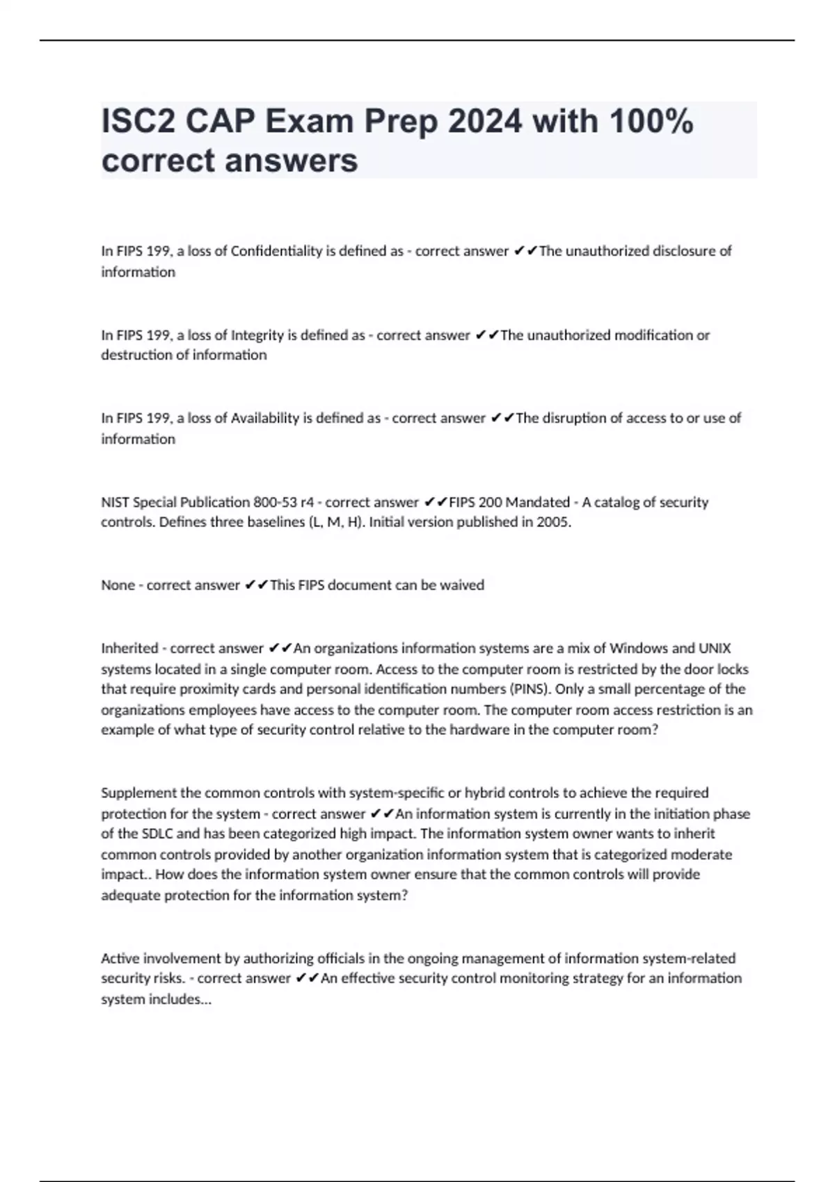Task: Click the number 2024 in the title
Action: click(x=484, y=122)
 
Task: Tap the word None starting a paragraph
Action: click(x=118, y=585)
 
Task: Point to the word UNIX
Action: click(x=715, y=649)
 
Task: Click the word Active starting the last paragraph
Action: click(x=120, y=959)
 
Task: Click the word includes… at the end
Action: click(x=180, y=1000)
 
